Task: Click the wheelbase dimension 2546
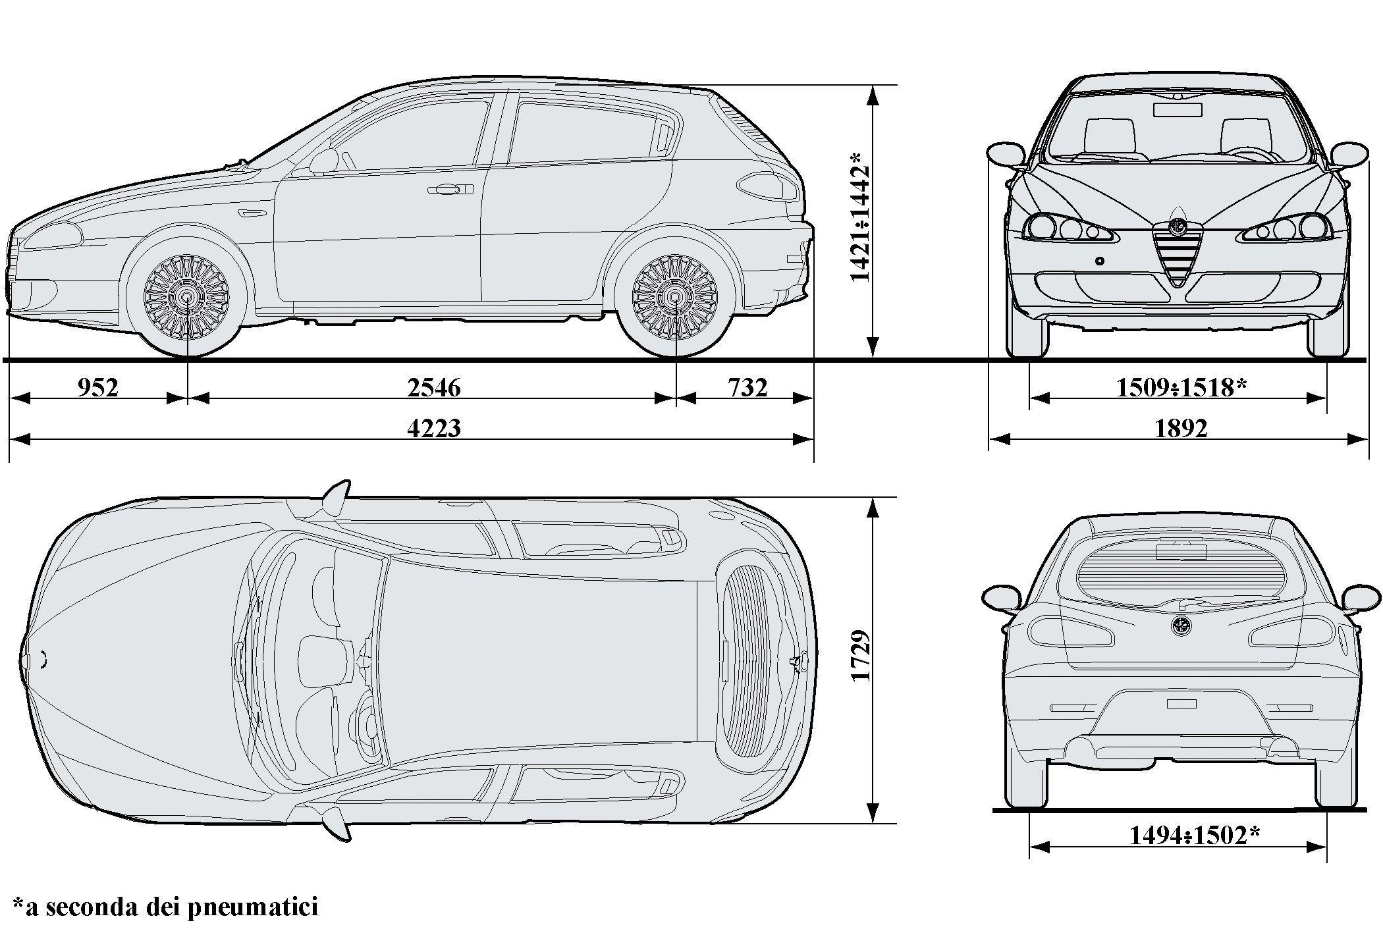(433, 388)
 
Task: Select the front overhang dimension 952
(98, 388)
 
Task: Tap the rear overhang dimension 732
(747, 388)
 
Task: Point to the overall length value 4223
(434, 429)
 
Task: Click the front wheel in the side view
(188, 298)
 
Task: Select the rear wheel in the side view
(676, 298)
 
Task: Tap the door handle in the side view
(450, 190)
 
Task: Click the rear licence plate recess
(1181, 704)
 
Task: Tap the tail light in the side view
(768, 186)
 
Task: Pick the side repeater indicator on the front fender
(250, 213)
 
